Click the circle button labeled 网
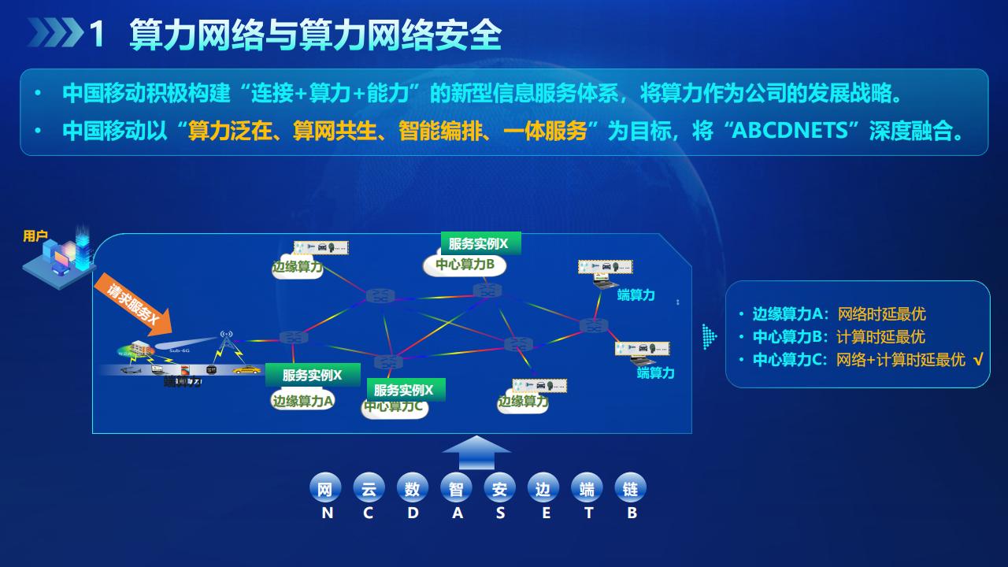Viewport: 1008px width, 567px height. click(x=324, y=488)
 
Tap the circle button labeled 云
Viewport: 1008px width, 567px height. click(x=369, y=488)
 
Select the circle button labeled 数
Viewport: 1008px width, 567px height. click(x=412, y=488)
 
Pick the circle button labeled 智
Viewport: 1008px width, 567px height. click(x=456, y=488)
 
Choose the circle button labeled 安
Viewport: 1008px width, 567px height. click(x=499, y=488)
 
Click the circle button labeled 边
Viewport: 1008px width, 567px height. click(x=543, y=488)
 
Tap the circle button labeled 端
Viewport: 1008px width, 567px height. click(x=587, y=488)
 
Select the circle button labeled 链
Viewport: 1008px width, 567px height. click(x=630, y=488)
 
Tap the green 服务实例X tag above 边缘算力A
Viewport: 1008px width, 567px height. click(x=312, y=375)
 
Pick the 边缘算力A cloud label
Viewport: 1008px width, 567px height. click(x=303, y=401)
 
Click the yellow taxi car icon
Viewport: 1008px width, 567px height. click(x=246, y=369)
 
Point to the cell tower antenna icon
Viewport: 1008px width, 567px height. click(x=227, y=342)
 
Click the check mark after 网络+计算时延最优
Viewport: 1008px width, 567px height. click(x=978, y=360)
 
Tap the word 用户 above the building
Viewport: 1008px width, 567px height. click(x=35, y=236)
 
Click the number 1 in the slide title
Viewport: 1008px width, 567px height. click(x=98, y=35)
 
